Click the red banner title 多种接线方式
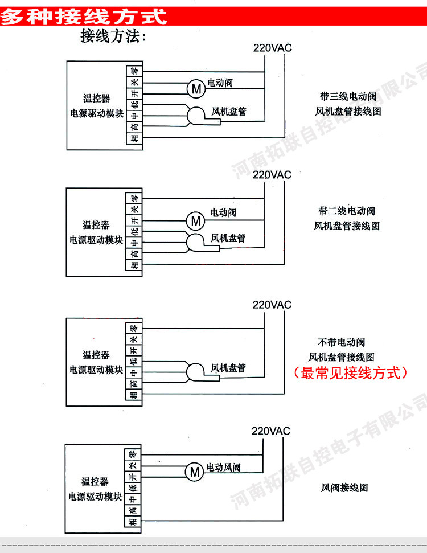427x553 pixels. [x=84, y=16]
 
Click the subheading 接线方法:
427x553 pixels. [x=114, y=37]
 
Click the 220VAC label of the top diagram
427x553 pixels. [x=272, y=48]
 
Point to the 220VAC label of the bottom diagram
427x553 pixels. [x=271, y=431]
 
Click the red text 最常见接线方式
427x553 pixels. [x=350, y=373]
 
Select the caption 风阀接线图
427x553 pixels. [x=345, y=488]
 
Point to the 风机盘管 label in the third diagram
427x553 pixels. [x=228, y=368]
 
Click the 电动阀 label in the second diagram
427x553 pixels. [x=224, y=212]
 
